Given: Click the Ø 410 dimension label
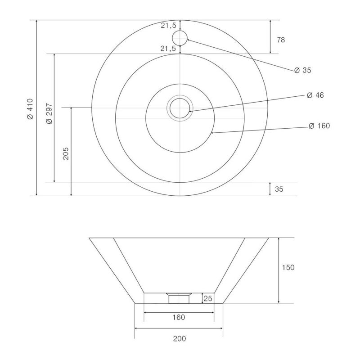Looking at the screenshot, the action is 30,109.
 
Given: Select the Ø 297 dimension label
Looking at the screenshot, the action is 49,114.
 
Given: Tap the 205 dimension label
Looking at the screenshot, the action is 66,153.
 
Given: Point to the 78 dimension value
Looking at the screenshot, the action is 281,40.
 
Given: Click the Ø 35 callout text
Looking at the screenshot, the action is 302,70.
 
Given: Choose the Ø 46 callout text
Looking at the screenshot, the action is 315,95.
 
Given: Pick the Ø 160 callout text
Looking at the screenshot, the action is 319,126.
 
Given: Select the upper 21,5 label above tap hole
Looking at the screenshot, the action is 168,26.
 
